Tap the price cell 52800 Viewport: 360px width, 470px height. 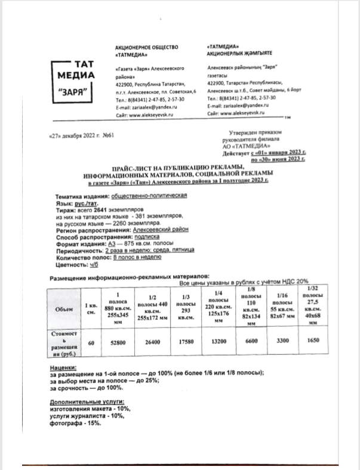[122, 343]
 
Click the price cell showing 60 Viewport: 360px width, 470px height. [91, 343]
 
